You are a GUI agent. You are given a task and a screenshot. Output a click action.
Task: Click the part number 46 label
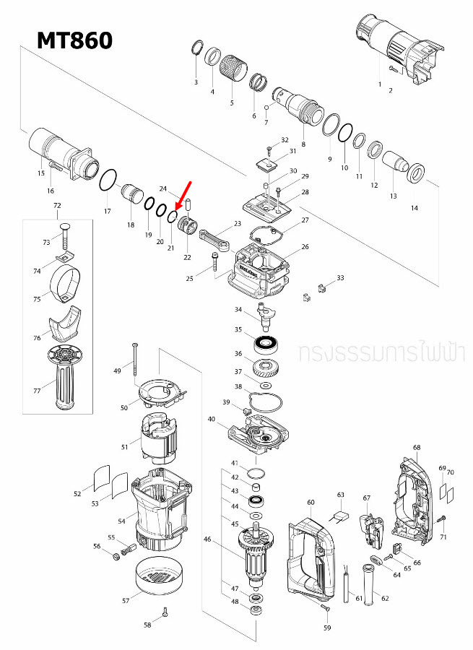(x=208, y=539)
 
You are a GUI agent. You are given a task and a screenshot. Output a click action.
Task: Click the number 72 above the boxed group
(x=58, y=207)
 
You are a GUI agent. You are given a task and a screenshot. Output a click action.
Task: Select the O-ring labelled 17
(x=108, y=181)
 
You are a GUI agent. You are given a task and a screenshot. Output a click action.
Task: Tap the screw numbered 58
(x=166, y=614)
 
